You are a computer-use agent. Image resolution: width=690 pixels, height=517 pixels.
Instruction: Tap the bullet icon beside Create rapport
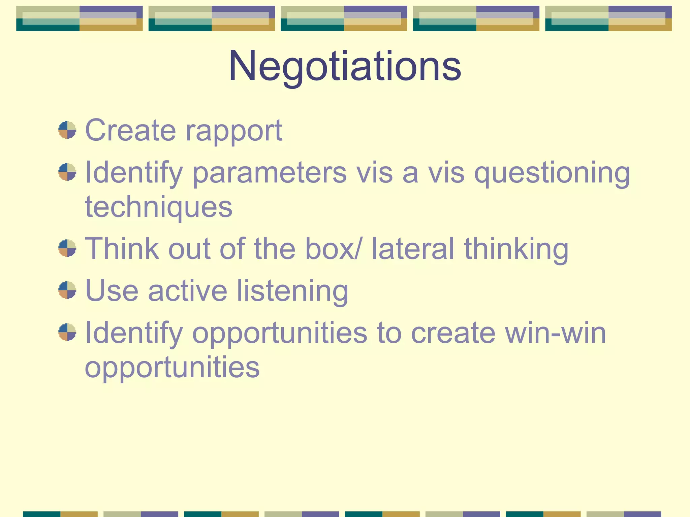tap(67, 130)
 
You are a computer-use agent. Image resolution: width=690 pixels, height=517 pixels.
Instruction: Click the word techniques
tap(159, 207)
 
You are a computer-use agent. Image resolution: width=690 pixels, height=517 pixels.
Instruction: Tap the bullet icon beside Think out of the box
tap(67, 248)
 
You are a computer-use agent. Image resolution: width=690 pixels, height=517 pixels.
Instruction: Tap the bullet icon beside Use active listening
tap(67, 290)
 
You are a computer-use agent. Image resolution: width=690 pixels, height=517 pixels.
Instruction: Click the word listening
tap(292, 291)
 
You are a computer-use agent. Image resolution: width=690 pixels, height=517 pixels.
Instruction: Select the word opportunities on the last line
tap(172, 368)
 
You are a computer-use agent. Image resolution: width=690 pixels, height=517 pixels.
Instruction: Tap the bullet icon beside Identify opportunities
tap(67, 332)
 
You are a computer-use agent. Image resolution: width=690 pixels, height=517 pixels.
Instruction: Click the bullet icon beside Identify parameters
tap(67, 172)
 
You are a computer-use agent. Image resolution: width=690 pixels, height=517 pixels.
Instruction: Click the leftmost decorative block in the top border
tap(80, 19)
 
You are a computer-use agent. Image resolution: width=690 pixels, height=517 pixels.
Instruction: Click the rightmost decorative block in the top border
tap(608, 19)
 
